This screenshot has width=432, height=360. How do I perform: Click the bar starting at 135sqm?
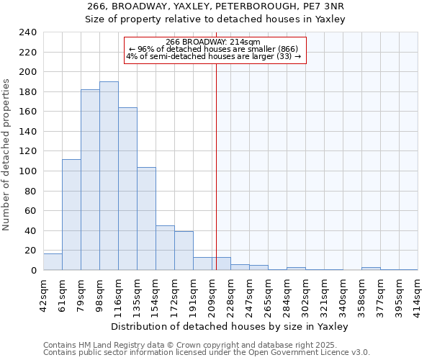pos(146,219)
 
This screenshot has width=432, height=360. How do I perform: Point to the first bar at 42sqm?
pos(53,262)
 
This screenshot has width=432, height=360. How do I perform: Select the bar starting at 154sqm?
pos(165,248)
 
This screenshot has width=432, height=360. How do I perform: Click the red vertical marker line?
pos(216,166)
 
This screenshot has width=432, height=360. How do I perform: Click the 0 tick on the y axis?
pos(34,271)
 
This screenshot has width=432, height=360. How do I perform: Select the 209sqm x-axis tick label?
pos(212,292)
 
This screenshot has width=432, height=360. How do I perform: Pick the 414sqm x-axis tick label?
pos(418,292)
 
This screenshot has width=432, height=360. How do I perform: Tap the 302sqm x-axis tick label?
pos(305,292)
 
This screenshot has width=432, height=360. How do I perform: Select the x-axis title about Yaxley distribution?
pos(230,326)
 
